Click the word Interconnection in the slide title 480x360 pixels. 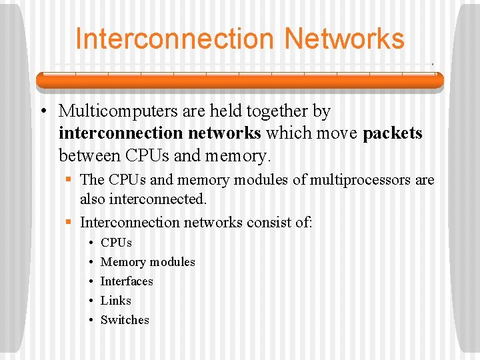click(x=175, y=39)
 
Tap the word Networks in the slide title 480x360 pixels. click(x=344, y=39)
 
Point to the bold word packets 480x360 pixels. click(x=393, y=133)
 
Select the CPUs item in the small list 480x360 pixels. click(x=116, y=243)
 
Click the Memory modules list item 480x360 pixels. click(x=147, y=262)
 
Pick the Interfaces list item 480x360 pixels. click(x=127, y=281)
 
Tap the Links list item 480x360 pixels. click(x=115, y=301)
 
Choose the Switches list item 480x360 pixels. click(x=125, y=320)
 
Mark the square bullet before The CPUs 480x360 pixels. click(x=69, y=180)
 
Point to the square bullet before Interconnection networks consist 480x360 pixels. click(x=69, y=222)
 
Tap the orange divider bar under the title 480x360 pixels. click(x=239, y=80)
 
